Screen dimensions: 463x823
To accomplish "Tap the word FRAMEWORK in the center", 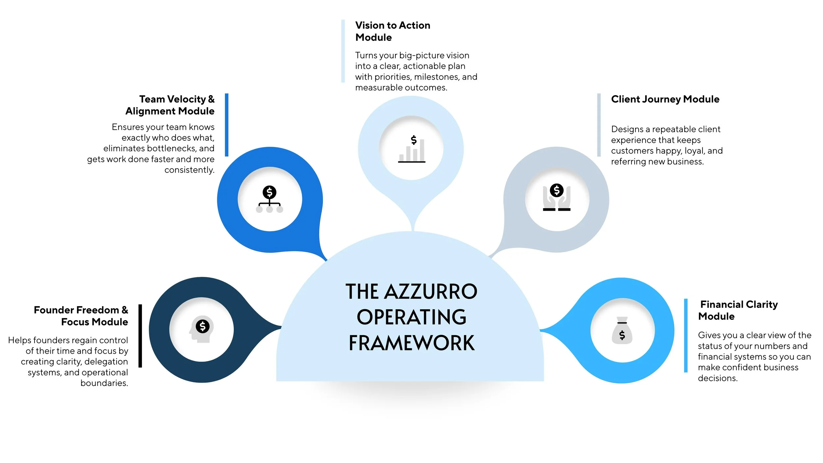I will (411, 343).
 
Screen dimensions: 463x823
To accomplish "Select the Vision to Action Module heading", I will (392, 31).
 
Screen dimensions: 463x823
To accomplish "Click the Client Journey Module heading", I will (665, 99).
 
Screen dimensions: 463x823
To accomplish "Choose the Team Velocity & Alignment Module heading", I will (170, 105).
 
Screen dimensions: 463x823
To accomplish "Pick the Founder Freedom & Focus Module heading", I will (81, 316).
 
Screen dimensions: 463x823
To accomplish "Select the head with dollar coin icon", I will (202, 330).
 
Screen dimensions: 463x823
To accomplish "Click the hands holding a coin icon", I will (557, 197).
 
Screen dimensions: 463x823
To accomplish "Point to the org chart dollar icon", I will (270, 199).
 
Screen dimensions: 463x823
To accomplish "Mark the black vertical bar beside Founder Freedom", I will (140, 336).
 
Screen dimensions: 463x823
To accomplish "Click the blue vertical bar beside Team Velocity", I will (226, 125).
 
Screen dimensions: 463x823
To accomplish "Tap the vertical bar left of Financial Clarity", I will (686, 336).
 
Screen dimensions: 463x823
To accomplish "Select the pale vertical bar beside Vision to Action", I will (343, 51).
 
